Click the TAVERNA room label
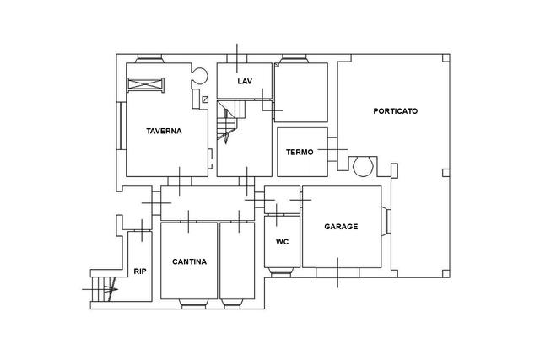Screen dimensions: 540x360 164,131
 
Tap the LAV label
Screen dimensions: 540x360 245,81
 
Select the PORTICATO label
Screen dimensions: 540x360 396,110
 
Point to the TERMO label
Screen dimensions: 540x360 300,152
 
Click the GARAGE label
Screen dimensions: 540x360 341,227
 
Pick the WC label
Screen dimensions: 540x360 282,242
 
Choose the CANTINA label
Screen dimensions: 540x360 189,261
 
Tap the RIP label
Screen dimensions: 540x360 140,271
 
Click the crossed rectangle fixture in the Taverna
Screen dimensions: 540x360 145,84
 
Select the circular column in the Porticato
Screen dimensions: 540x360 364,167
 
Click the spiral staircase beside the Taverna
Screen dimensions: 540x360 230,121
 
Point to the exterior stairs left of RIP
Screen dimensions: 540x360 103,289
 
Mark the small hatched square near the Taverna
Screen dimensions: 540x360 205,99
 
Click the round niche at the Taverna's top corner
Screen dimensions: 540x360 200,75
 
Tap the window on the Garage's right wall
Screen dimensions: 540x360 386,221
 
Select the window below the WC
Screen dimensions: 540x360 281,272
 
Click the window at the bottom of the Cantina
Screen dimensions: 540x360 193,304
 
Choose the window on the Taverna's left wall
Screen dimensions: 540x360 121,126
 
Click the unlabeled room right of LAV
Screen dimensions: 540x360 301,92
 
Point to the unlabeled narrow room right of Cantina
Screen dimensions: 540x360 237,261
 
